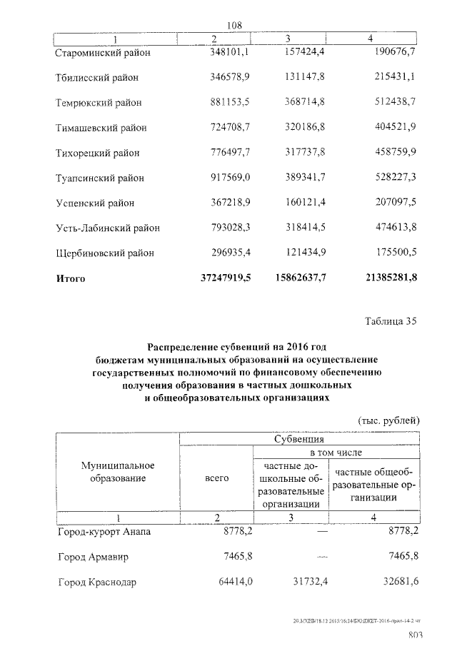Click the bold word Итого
71,279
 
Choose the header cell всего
216,478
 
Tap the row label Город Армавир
93,557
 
